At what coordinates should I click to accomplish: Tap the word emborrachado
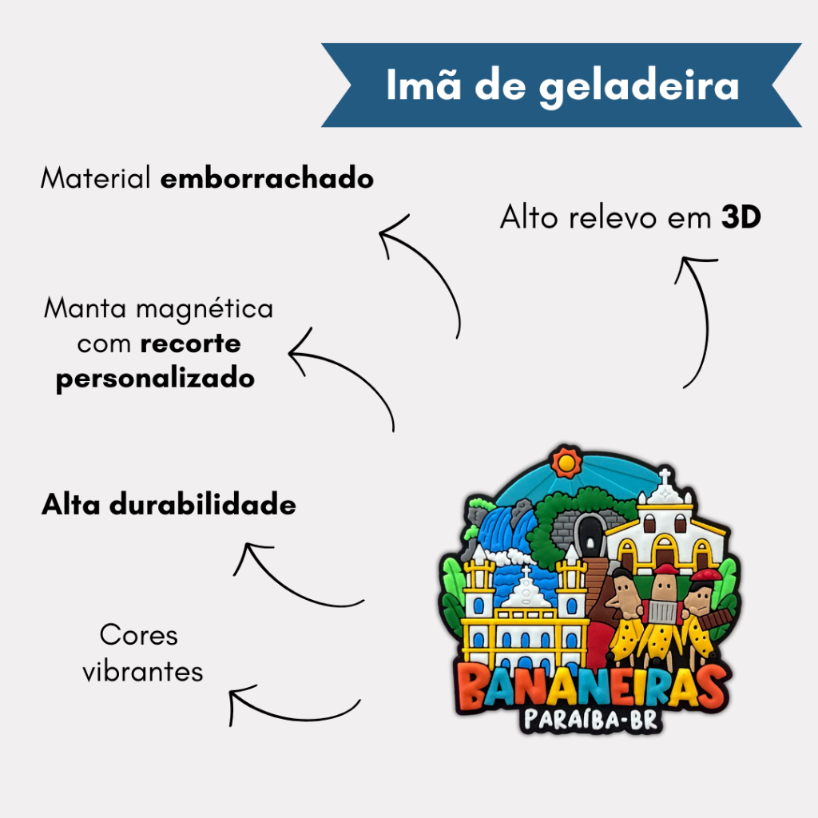tap(267, 179)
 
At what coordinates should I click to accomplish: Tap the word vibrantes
tap(143, 672)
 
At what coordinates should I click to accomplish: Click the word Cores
tap(139, 636)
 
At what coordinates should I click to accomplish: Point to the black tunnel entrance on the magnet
tap(591, 530)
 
